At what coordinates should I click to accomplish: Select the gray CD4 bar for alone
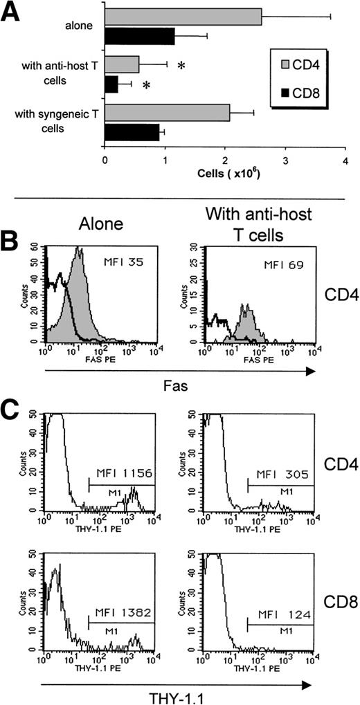coord(183,16)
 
